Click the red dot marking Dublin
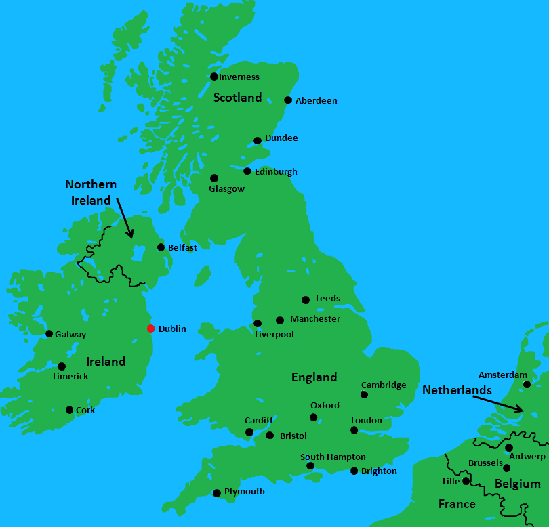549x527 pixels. tap(150, 329)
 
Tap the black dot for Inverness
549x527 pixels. tap(214, 77)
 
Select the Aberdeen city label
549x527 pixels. tap(316, 101)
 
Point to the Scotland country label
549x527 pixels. tap(237, 98)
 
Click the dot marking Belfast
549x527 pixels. tap(161, 247)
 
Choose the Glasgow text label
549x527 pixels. tap(227, 189)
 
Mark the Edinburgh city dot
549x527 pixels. tap(247, 171)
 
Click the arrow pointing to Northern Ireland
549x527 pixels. tap(125, 217)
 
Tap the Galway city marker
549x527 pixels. tap(49, 333)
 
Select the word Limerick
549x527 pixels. tap(70, 377)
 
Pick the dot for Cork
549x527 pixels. tap(69, 410)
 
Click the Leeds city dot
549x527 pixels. tap(306, 300)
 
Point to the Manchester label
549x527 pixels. tap(315, 319)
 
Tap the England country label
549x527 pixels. tap(314, 377)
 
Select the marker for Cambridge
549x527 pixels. tap(364, 394)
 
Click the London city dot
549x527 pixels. tap(354, 430)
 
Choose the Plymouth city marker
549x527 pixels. tap(217, 493)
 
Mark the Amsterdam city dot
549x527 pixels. tap(527, 385)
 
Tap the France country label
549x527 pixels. tap(456, 504)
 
